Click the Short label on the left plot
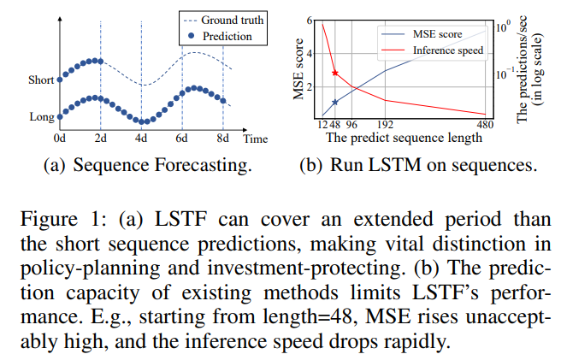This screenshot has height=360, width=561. pyautogui.click(x=39, y=80)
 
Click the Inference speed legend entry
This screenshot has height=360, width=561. pyautogui.click(x=448, y=50)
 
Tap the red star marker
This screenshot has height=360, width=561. pyautogui.click(x=335, y=74)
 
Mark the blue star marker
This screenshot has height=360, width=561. pyautogui.click(x=335, y=103)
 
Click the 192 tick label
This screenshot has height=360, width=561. pyautogui.click(x=385, y=124)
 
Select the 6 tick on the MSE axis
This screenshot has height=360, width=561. pyautogui.click(x=309, y=19)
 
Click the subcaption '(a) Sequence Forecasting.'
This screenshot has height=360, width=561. pyautogui.click(x=148, y=165)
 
